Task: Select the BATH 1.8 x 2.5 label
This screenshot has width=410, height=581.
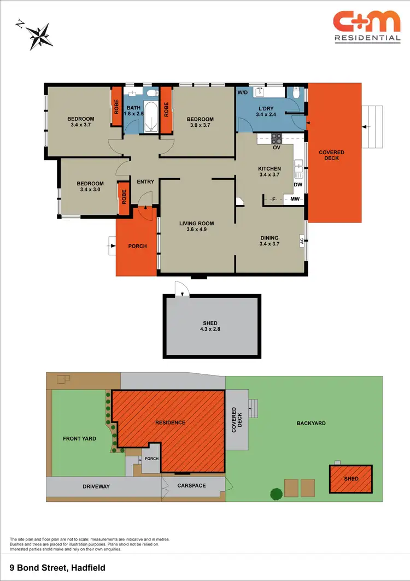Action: (x=134, y=110)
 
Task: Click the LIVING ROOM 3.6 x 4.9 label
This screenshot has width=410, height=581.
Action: (x=197, y=226)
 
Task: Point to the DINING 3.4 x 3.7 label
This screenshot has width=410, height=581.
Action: (x=270, y=241)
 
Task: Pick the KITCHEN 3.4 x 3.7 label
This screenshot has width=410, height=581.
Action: (x=270, y=172)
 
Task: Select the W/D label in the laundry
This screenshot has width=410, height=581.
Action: (x=242, y=93)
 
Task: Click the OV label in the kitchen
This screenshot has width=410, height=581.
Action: (x=277, y=148)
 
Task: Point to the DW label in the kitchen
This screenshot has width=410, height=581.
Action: (x=298, y=185)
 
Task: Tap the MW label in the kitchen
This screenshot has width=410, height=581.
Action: (x=295, y=199)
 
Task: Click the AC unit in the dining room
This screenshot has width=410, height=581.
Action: (x=301, y=240)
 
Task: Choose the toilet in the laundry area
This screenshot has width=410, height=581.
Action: (x=296, y=94)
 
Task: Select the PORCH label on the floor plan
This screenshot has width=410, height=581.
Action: (x=138, y=246)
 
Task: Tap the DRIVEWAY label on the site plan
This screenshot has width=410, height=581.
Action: (x=96, y=486)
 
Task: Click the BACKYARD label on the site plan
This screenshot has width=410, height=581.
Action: (x=311, y=423)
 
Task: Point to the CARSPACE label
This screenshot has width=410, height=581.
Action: (x=192, y=485)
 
